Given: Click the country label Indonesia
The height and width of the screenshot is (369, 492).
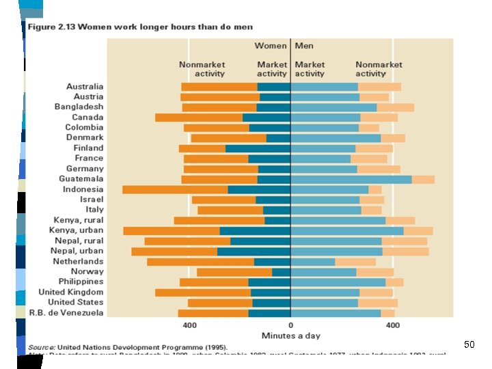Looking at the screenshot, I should tap(83, 189).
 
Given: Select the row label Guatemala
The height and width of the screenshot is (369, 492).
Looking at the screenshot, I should tap(81, 179).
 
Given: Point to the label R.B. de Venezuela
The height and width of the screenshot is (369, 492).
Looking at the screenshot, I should tap(66, 312).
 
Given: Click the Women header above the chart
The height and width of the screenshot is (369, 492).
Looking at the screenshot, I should tap(271, 46).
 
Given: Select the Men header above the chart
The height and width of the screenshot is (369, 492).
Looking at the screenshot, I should tap(305, 46).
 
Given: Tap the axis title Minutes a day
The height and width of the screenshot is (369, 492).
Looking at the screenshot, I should tap(291, 336).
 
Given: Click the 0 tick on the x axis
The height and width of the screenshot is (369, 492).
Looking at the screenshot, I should tap(290, 325).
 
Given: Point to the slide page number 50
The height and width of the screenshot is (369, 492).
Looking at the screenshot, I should tap(469, 344).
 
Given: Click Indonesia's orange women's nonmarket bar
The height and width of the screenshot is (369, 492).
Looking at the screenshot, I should tap(175, 189).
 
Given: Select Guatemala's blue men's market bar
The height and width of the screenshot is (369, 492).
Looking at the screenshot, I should tap(351, 179).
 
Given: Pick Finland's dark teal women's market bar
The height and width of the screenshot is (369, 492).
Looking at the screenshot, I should tap(258, 148).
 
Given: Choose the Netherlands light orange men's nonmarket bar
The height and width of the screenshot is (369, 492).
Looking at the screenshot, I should tap(355, 261).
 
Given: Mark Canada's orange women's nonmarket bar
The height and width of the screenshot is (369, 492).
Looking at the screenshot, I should tap(199, 118).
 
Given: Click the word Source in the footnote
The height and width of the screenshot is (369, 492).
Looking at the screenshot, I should tap(42, 346).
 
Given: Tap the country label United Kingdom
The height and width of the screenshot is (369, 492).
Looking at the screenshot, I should tap(71, 292).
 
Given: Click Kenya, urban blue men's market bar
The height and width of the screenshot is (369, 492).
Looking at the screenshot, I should tap(347, 230).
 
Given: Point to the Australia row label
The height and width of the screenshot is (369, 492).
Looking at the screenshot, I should tap(85, 87).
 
